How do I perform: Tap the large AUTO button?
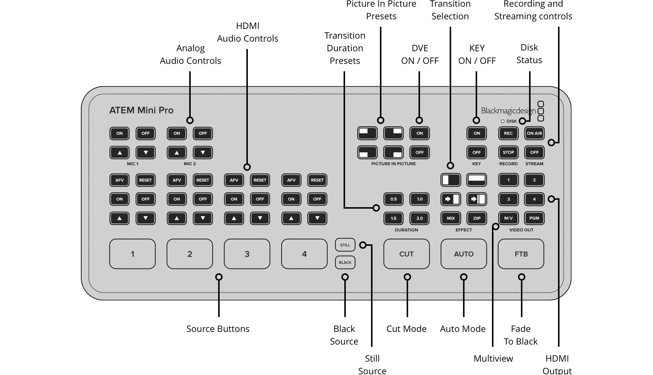pyautogui.click(x=463, y=254)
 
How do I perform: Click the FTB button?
pyautogui.click(x=521, y=254)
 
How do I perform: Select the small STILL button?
pyautogui.click(x=345, y=245)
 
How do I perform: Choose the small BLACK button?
pyautogui.click(x=345, y=262)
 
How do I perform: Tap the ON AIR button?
pyautogui.click(x=534, y=133)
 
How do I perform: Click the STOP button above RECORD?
pyautogui.click(x=508, y=152)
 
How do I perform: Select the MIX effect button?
pyautogui.click(x=451, y=218)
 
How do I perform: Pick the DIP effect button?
pyautogui.click(x=477, y=218)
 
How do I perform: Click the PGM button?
pyautogui.click(x=534, y=218)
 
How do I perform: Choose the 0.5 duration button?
pyautogui.click(x=393, y=199)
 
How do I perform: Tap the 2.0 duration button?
pyautogui.click(x=419, y=218)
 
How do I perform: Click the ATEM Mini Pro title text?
pyautogui.click(x=141, y=110)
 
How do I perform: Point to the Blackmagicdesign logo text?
pyautogui.click(x=508, y=111)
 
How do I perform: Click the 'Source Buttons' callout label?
pyautogui.click(x=218, y=329)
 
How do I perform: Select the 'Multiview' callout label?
pyautogui.click(x=493, y=359)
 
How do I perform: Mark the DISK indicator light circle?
pyautogui.click(x=503, y=121)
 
